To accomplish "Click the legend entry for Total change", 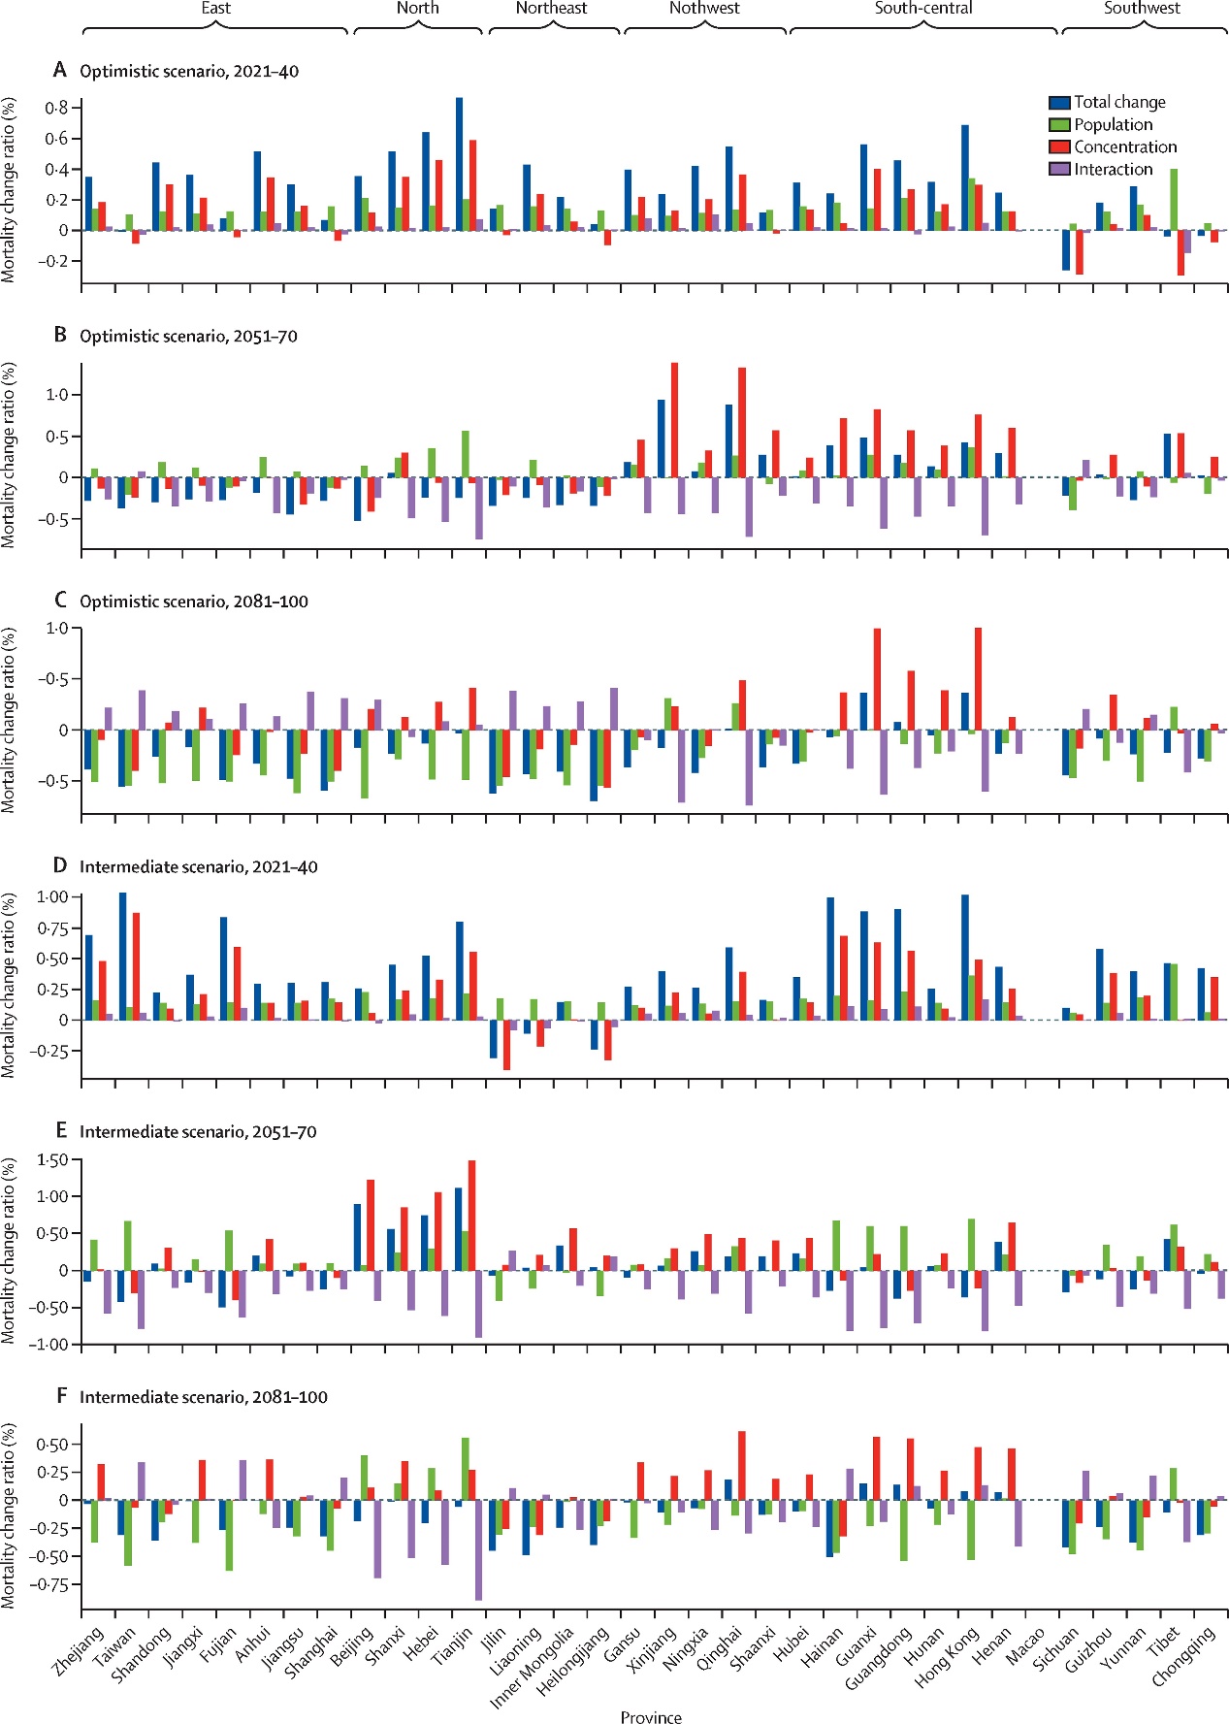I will tap(1118, 102).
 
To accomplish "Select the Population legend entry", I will tap(1113, 124).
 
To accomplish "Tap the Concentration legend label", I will tap(1124, 146).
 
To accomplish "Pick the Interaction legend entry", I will tap(1113, 169).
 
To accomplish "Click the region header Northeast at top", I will tap(551, 9).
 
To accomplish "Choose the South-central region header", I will tap(922, 9).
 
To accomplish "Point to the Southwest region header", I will tap(1142, 9).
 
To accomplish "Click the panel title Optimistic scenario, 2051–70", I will tap(188, 337).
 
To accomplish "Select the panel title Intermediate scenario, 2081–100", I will tap(203, 1397).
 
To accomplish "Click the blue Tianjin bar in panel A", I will tap(459, 164).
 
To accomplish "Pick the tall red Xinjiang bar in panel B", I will tap(674, 420).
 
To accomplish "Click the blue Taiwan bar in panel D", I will tap(122, 956).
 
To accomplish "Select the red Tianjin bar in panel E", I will tap(472, 1215).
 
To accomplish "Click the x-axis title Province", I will tap(651, 1716).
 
